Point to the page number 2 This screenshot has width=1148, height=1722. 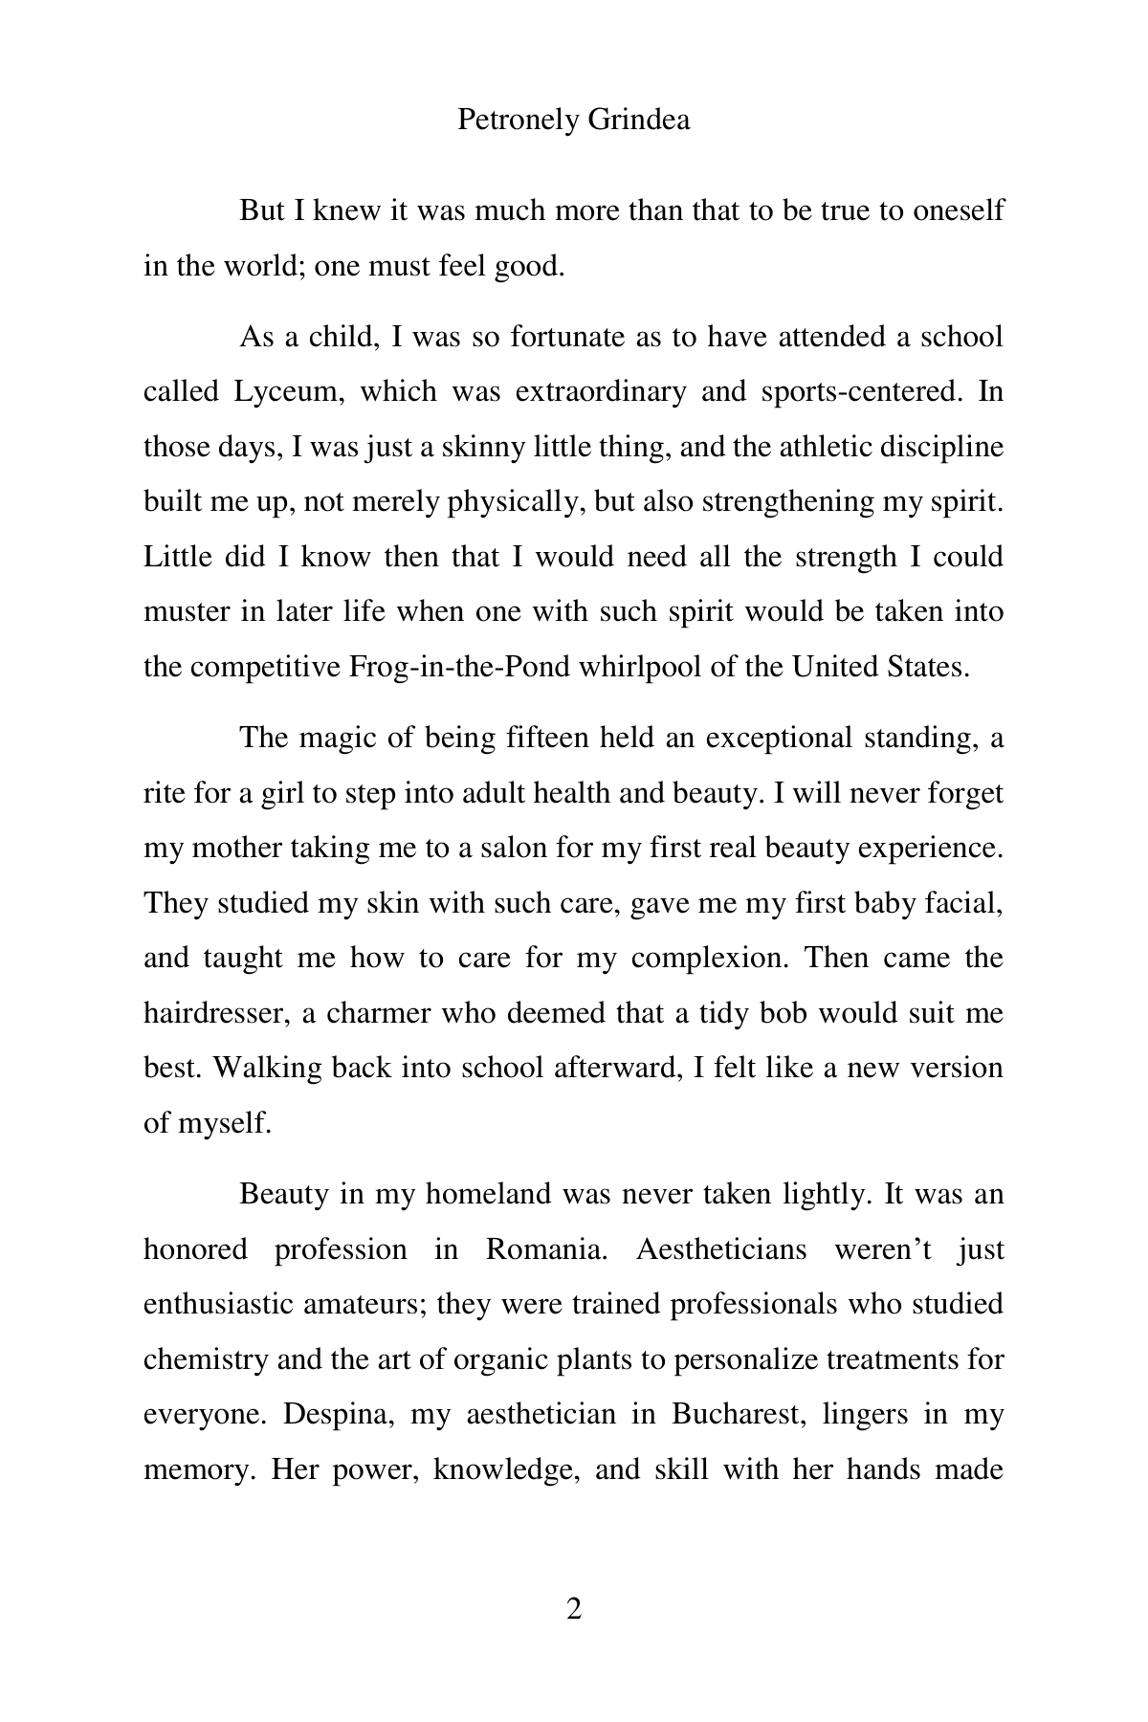tap(574, 1610)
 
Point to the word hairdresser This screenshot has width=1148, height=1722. tap(215, 1013)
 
